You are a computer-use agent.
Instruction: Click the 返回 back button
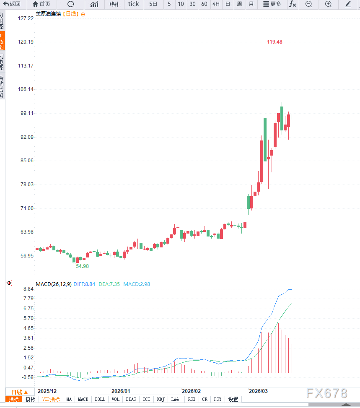click(12, 4)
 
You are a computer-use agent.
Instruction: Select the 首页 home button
click(41, 4)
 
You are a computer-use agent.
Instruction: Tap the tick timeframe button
click(133, 4)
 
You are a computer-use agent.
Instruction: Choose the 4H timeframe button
click(216, 4)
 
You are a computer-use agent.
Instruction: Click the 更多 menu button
click(272, 4)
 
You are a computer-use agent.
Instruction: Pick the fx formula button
click(293, 4)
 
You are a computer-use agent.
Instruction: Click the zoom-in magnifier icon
click(328, 4)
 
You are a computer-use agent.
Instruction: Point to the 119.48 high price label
click(275, 42)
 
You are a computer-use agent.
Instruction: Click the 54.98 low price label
click(82, 266)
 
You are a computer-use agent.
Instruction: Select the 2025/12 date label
click(47, 391)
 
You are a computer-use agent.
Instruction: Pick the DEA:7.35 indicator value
click(109, 284)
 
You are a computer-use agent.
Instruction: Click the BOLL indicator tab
click(100, 400)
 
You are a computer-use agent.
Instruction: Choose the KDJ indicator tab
click(161, 400)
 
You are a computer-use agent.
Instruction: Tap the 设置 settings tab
click(233, 400)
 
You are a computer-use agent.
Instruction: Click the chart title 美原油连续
click(48, 14)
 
